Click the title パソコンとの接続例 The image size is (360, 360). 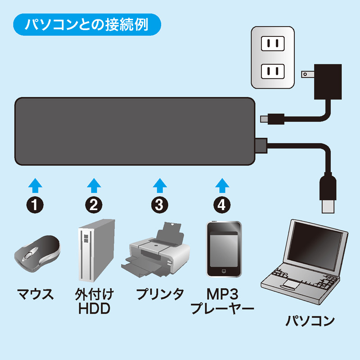click(x=86, y=24)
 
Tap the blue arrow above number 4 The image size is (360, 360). click(x=220, y=184)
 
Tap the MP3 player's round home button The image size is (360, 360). click(x=224, y=271)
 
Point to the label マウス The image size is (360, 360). click(x=35, y=296)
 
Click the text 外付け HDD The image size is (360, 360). click(x=94, y=302)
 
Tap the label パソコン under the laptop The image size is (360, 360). click(x=310, y=321)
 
